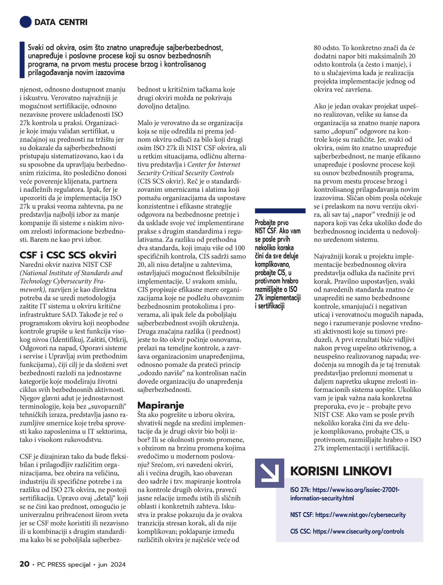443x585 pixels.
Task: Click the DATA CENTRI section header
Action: point(61,22)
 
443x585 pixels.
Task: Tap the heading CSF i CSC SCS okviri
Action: point(68,255)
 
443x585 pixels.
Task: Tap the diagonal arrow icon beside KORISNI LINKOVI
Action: point(269,473)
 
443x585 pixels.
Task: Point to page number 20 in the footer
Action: point(24,564)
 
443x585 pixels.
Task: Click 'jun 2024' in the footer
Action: point(112,565)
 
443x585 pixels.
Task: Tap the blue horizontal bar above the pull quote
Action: point(280,211)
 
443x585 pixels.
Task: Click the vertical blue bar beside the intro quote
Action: point(22,60)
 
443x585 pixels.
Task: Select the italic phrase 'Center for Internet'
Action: point(214,165)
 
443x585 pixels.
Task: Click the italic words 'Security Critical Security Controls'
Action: point(186,173)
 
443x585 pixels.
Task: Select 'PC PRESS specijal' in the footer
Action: point(64,565)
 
